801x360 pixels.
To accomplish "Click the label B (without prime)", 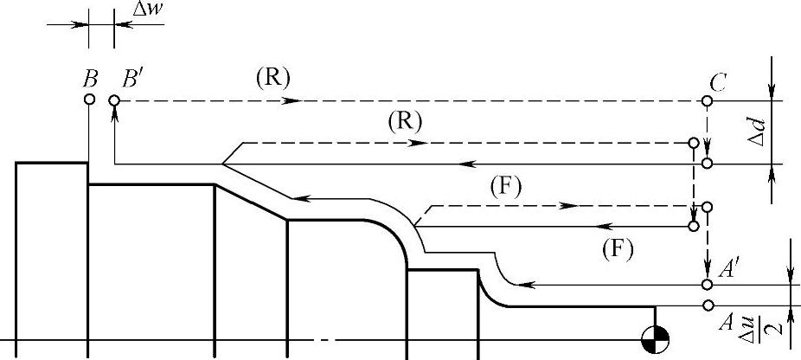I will click(90, 80).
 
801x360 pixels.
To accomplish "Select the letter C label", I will click(718, 81).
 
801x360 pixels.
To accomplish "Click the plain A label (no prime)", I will click(727, 322).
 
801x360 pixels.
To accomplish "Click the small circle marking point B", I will click(89, 100).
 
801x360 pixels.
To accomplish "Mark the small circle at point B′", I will click(114, 100).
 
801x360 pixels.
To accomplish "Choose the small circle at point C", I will click(708, 101).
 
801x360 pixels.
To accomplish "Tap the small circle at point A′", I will click(708, 285).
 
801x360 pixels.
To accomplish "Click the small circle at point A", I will click(708, 305).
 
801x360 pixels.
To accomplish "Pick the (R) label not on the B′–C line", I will click(404, 122).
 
